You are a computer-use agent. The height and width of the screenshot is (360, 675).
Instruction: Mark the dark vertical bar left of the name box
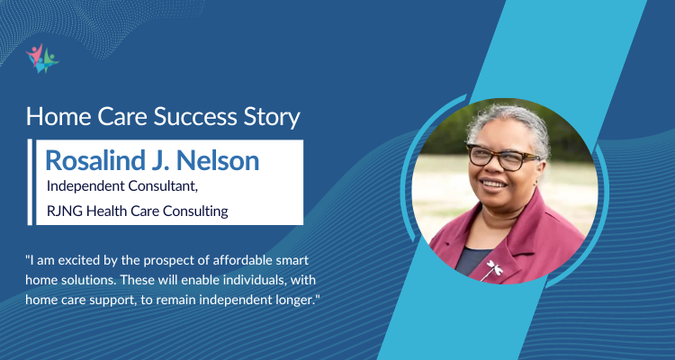[31, 180]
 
